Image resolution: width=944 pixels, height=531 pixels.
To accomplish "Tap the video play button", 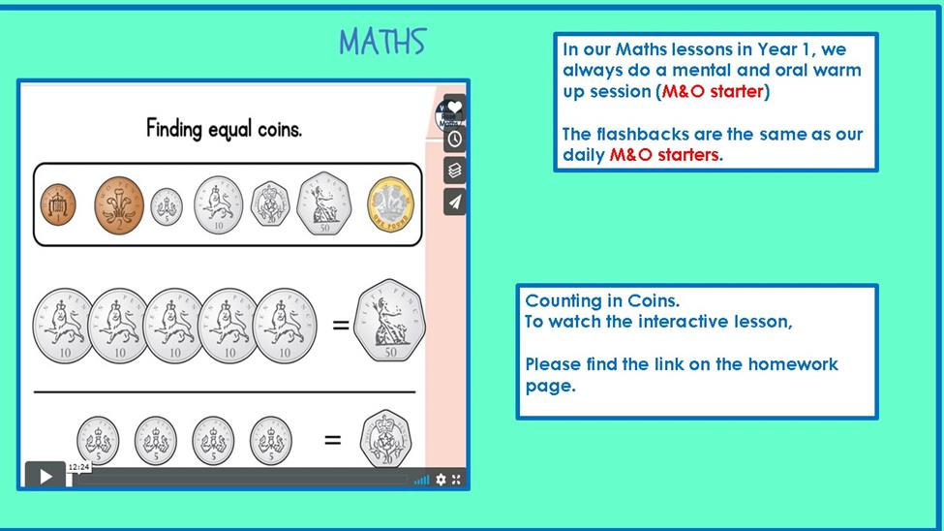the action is [46, 477].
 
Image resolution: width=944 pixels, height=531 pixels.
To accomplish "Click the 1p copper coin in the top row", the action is [58, 204].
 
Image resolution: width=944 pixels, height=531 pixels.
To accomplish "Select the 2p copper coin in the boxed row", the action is [119, 204].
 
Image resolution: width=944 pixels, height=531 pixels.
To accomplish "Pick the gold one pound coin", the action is [391, 204].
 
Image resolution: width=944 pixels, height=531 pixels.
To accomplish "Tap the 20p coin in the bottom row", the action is [385, 439].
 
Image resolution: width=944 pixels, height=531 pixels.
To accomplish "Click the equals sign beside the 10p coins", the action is [341, 326].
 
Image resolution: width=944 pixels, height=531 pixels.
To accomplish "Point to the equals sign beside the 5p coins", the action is [332, 440].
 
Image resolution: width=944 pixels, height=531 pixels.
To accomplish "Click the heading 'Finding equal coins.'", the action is [224, 128].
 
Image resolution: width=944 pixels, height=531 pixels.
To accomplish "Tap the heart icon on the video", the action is [454, 108].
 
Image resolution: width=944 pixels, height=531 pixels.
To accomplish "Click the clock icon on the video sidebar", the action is [454, 140].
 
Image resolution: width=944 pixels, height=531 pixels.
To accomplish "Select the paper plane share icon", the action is [454, 202].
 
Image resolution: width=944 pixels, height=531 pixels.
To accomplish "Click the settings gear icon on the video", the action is [441, 480].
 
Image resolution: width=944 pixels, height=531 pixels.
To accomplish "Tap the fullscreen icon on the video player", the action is [456, 480].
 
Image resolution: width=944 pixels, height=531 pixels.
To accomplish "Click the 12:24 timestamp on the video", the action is [78, 467].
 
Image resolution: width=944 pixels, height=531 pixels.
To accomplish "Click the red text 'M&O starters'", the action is [664, 155].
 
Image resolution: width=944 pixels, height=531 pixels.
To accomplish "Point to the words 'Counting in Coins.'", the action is [602, 300].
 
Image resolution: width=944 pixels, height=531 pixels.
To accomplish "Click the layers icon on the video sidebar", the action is [454, 171].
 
